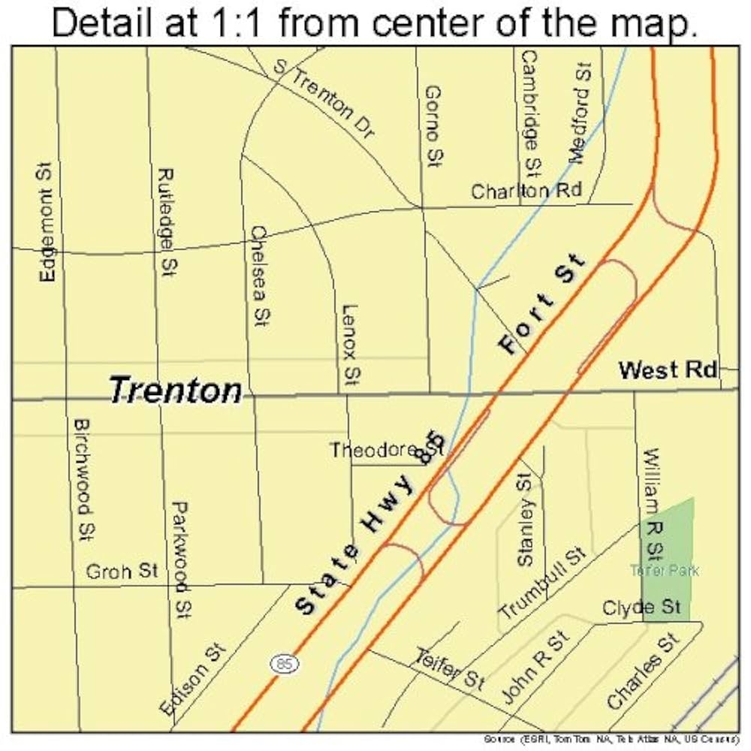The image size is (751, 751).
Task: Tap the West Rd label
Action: click(667, 370)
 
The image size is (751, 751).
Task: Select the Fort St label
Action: click(542, 304)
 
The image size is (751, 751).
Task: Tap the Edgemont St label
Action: click(47, 224)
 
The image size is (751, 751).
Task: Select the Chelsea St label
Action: click(260, 276)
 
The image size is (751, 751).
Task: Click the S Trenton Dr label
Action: click(324, 99)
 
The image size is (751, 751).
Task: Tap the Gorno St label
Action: click(433, 125)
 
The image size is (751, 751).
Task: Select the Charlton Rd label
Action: click(526, 191)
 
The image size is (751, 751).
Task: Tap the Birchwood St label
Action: click(83, 478)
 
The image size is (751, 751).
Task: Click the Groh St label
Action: click(122, 572)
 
